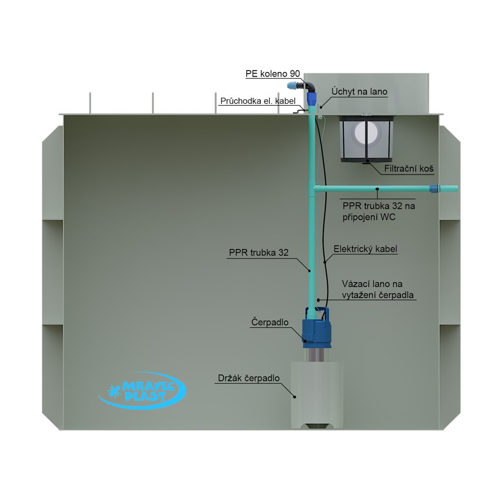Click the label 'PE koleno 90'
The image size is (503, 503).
pos(273,74)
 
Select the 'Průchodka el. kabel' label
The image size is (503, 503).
pos(258,101)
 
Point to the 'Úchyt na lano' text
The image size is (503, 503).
pos(359,91)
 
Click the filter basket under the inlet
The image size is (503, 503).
pos(366,138)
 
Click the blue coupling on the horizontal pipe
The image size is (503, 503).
pos(434,189)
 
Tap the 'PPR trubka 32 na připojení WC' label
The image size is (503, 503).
pos(378,211)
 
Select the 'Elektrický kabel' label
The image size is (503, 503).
pos(365,249)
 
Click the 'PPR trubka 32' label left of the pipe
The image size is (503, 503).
pos(258,252)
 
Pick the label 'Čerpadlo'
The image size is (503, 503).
pos(269,322)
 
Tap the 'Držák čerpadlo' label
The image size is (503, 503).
pos(248,378)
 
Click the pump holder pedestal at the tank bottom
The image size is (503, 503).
pos(317,393)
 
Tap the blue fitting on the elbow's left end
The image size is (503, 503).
pos(293,85)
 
